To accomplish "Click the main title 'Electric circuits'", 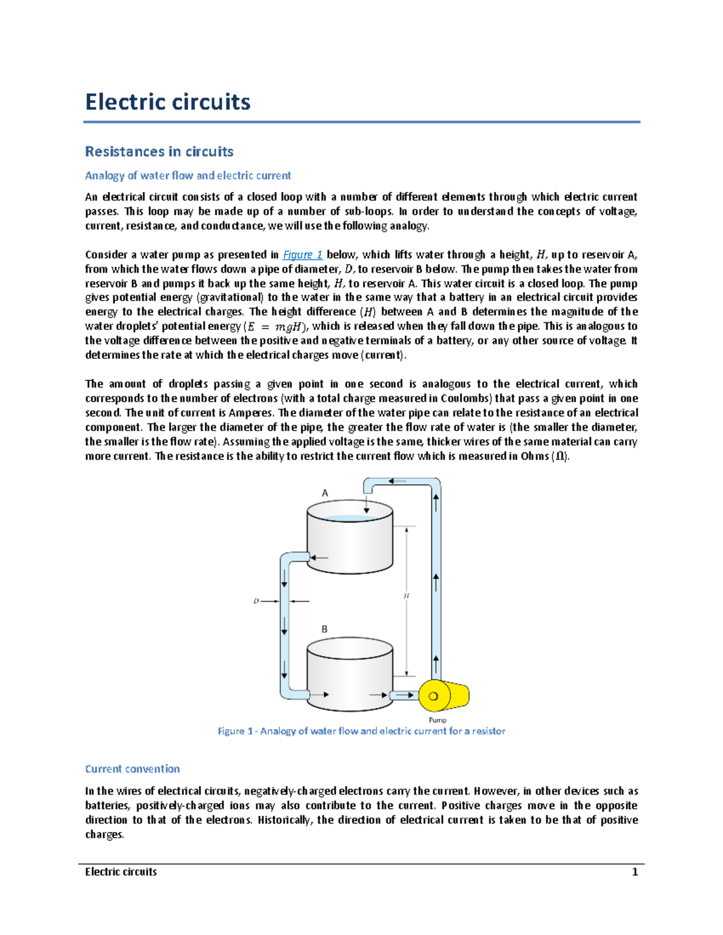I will pos(167,102).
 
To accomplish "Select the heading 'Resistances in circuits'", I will pos(159,152).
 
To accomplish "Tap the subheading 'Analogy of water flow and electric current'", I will pos(188,176).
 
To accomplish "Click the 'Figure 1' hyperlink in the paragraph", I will pos(302,255).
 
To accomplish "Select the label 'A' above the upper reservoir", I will pos(325,493).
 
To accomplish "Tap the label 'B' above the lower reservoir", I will pos(324,629).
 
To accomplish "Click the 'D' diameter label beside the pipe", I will pos(256,601).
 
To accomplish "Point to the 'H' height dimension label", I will pos(406,595).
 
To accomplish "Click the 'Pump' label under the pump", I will pos(437,720).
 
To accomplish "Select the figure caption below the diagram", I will pos(361,731).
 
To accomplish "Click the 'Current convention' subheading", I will pos(133,769).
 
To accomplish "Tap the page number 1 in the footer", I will pos(634,872).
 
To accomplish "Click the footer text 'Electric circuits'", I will pos(121,872).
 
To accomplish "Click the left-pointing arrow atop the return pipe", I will pos(397,481).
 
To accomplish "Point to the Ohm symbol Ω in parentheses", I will pos(560,457).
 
